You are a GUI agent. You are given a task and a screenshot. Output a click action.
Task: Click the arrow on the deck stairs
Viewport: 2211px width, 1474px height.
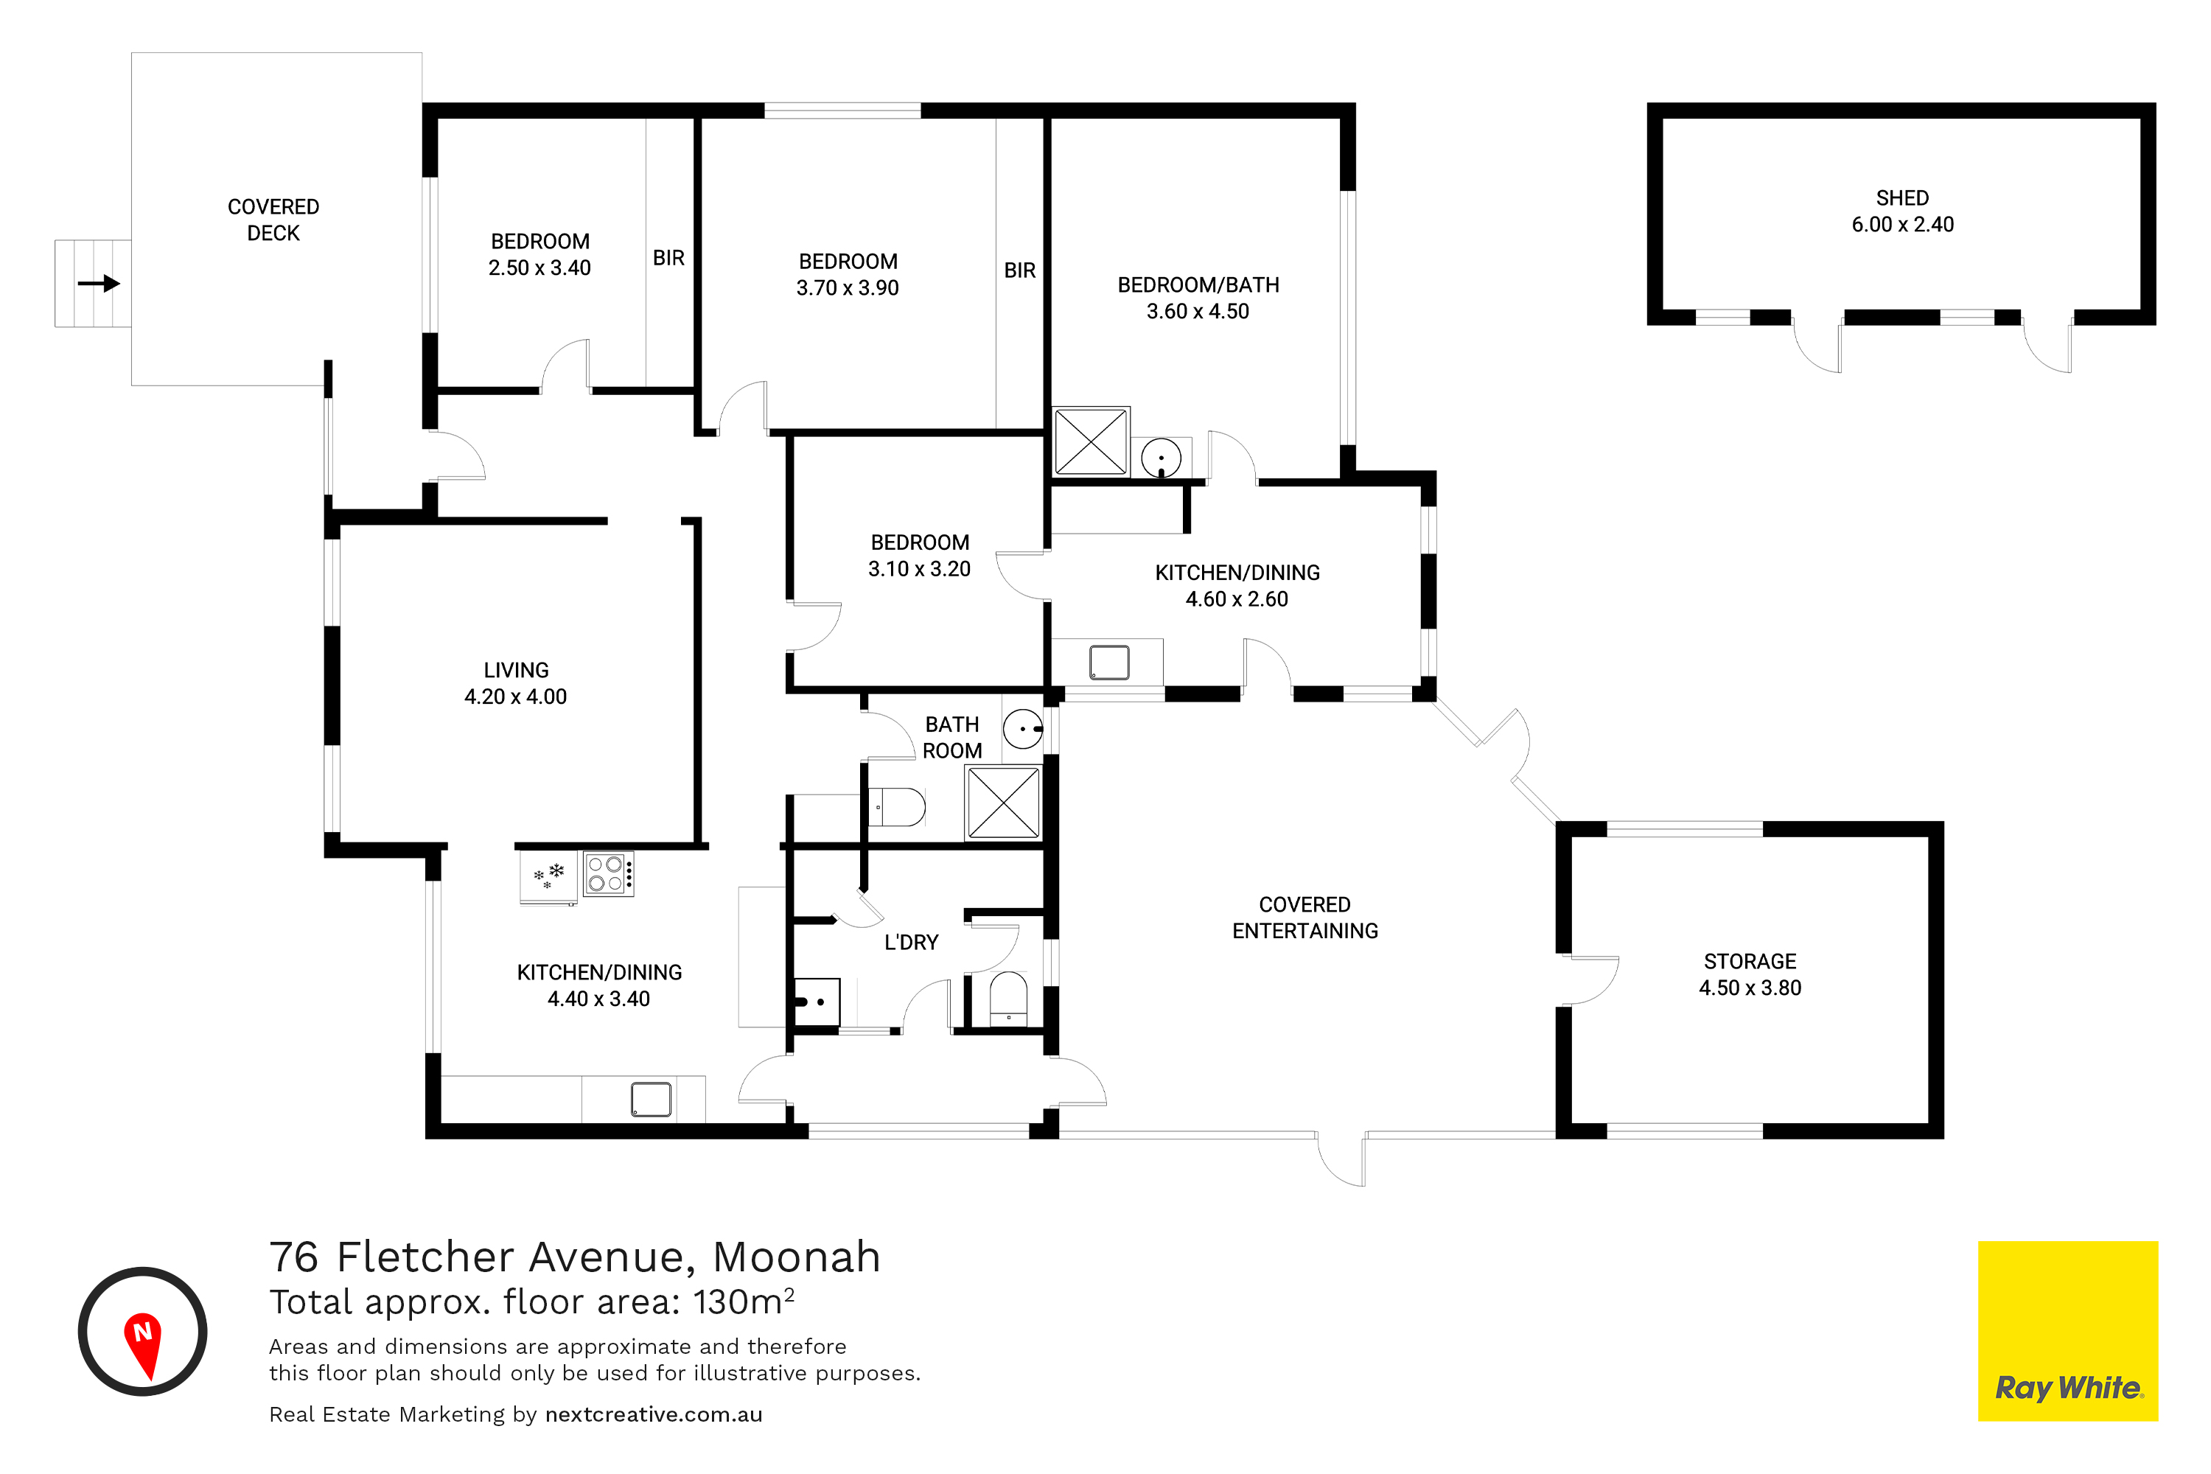tap(99, 283)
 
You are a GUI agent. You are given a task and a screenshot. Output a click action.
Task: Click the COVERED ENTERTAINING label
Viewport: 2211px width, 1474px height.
tap(1304, 918)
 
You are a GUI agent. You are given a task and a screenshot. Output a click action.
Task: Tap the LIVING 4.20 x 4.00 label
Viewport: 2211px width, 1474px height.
tap(515, 683)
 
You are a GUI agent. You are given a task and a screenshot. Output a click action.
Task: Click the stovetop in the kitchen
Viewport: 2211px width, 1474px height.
tap(608, 873)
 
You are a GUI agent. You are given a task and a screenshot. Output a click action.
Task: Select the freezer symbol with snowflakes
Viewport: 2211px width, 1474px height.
tap(549, 877)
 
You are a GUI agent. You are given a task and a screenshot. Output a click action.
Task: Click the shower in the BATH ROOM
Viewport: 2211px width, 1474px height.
tap(1003, 802)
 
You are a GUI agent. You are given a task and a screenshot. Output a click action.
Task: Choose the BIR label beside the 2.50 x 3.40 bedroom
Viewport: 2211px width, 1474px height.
tap(668, 257)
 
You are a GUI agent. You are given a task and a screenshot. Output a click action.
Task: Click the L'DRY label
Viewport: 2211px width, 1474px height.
tap(911, 942)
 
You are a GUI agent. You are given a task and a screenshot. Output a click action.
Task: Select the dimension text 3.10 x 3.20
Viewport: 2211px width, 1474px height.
tap(918, 569)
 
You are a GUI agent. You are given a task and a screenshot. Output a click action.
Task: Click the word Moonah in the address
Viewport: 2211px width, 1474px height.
tap(796, 1257)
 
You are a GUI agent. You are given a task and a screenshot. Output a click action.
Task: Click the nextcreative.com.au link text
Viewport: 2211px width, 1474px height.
tap(653, 1415)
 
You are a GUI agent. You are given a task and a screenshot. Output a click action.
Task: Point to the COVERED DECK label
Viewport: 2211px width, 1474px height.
tap(273, 220)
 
